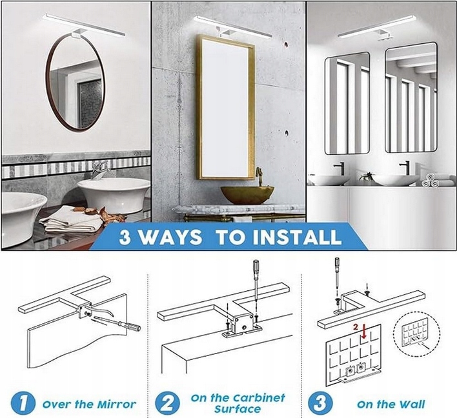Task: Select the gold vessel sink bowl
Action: (247, 195)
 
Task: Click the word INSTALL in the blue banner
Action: (297, 237)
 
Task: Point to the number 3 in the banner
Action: (125, 237)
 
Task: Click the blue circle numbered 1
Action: (23, 404)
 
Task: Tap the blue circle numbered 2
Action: (167, 403)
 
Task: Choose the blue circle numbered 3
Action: (320, 403)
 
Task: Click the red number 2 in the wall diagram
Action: (355, 327)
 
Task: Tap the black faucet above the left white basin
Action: (340, 168)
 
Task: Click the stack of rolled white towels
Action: (430, 181)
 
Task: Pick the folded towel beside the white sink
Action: (71, 219)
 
